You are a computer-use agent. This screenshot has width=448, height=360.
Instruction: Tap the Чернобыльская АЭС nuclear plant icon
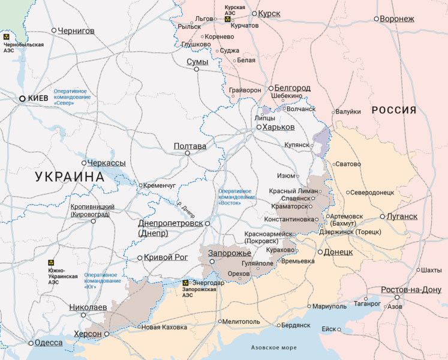pyautogui.click(x=7, y=37)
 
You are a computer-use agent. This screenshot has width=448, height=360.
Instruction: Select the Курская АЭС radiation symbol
pyautogui.click(x=227, y=19)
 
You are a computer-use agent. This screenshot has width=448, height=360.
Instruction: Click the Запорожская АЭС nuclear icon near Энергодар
pyautogui.click(x=185, y=282)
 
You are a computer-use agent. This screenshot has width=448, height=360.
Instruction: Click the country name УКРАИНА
pyautogui.click(x=70, y=177)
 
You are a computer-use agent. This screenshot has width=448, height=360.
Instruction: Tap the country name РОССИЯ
pyautogui.click(x=393, y=110)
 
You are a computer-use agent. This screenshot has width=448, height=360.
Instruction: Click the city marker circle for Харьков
pyautogui.click(x=259, y=127)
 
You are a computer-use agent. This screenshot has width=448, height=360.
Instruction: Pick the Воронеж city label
pyautogui.click(x=397, y=19)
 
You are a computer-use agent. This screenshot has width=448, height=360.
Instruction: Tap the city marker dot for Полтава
pyautogui.click(x=187, y=153)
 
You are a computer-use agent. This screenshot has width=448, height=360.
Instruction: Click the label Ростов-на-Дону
pyautogui.click(x=411, y=290)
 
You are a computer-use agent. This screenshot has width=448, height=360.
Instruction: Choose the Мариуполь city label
pyautogui.click(x=329, y=306)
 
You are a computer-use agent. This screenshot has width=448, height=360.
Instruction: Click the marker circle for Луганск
pyautogui.click(x=383, y=217)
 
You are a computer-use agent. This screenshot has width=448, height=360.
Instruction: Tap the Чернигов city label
pyautogui.click(x=76, y=30)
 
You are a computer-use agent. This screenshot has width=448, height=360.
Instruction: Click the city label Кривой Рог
pyautogui.click(x=166, y=257)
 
